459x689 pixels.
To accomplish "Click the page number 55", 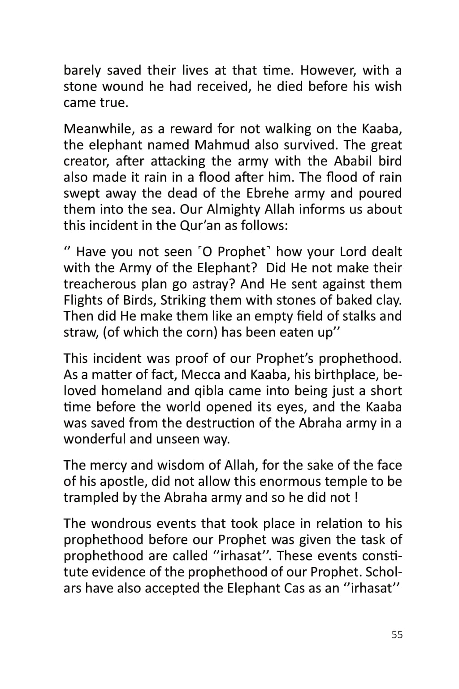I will pos(397,635).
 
